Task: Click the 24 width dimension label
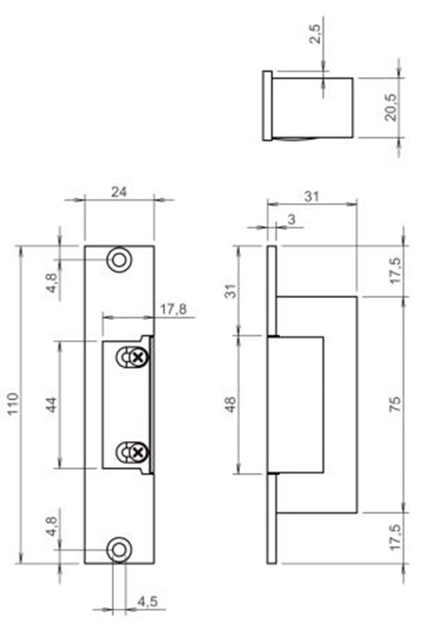(119, 193)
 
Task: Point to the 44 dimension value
(53, 404)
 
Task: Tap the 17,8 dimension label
(171, 310)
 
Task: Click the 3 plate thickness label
(291, 219)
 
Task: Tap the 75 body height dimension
(394, 404)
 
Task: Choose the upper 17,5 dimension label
(394, 270)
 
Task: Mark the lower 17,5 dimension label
(394, 538)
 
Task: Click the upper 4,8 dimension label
(53, 280)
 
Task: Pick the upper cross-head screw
(139, 357)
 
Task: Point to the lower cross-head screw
(139, 451)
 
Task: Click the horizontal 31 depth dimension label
(312, 196)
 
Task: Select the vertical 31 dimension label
(231, 290)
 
